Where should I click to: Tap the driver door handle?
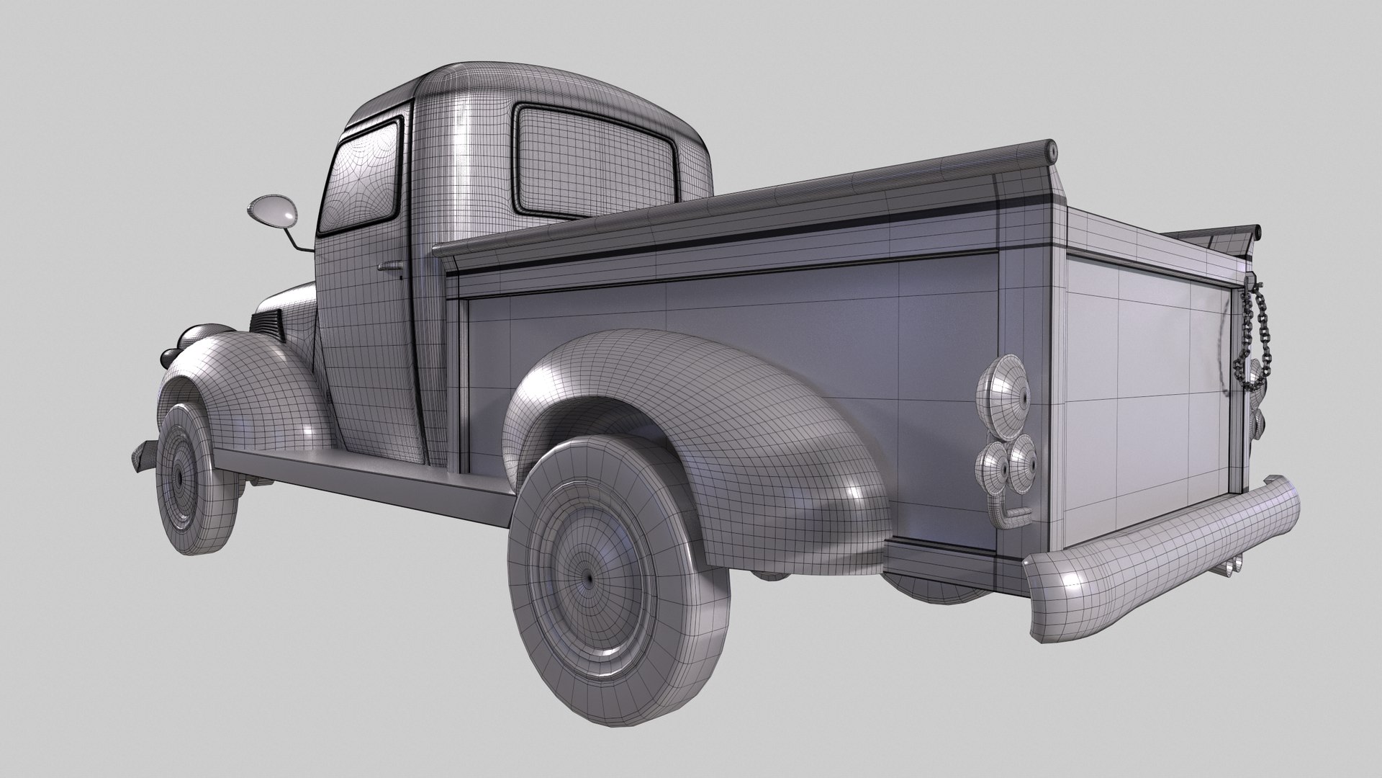click(391, 268)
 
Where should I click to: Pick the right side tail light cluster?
click(1259, 396)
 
